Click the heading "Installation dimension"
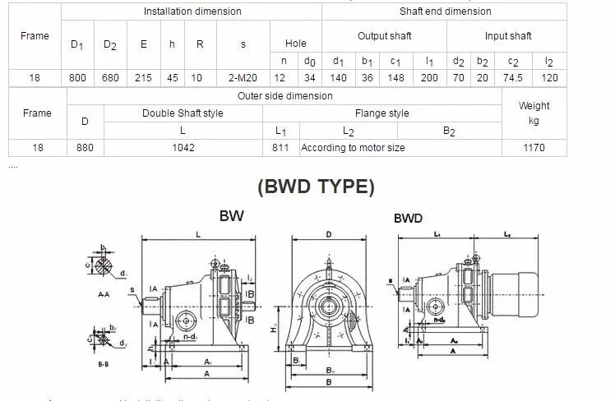(192, 12)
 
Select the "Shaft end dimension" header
(445, 12)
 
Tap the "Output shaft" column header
(384, 36)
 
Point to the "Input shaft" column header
(507, 36)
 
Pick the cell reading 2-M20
(243, 77)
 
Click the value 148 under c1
(395, 77)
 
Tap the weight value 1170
(534, 148)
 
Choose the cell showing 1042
(183, 148)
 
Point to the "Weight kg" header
(534, 113)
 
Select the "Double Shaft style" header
(183, 113)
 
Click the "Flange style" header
(381, 113)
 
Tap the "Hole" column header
(295, 44)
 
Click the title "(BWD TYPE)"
(316, 187)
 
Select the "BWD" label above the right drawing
(408, 219)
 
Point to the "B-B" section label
(103, 363)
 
